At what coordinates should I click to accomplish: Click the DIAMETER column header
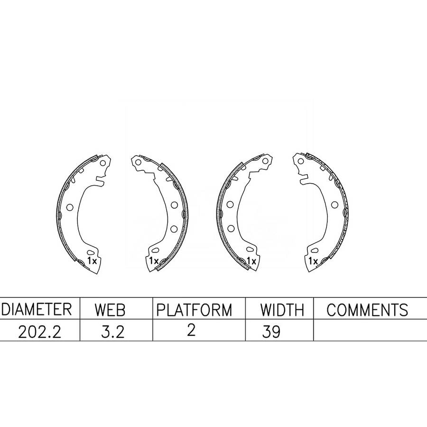[37, 309]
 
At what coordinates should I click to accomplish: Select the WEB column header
[110, 310]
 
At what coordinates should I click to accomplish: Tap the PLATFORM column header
[194, 310]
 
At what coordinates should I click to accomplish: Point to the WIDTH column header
[282, 310]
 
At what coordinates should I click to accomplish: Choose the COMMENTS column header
[367, 310]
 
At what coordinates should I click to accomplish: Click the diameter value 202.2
[40, 332]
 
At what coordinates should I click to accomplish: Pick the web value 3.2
[113, 332]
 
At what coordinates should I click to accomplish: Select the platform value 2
[191, 330]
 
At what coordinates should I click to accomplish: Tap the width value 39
[271, 332]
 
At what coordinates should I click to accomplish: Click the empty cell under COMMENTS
[370, 330]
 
